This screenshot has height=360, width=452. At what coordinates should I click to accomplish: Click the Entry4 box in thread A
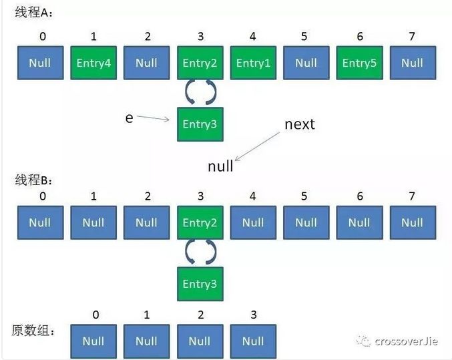[x=93, y=63]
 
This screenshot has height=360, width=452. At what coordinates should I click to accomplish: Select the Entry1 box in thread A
[x=253, y=63]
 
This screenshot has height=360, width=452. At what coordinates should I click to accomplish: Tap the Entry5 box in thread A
[x=359, y=63]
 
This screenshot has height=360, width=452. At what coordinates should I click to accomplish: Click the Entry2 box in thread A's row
[x=200, y=63]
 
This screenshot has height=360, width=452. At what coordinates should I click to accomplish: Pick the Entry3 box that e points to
[x=200, y=124]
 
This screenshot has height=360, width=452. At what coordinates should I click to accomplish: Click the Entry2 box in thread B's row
[x=200, y=222]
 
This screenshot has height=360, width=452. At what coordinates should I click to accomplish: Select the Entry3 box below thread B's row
[x=200, y=284]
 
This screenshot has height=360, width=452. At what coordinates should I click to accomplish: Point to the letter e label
[x=129, y=118]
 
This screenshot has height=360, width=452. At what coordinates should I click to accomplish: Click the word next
[x=299, y=124]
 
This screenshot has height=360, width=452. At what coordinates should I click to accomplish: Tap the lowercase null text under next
[x=220, y=166]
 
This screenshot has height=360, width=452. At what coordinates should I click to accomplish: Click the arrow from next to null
[x=257, y=146]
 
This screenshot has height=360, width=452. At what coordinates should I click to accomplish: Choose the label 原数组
[x=32, y=331]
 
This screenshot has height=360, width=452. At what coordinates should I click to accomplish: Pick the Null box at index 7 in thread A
[x=412, y=63]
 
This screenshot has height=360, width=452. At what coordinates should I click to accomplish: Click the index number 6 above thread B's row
[x=359, y=196]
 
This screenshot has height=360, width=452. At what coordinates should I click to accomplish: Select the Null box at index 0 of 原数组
[x=93, y=341]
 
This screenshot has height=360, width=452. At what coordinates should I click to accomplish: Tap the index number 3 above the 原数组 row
[x=253, y=315]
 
